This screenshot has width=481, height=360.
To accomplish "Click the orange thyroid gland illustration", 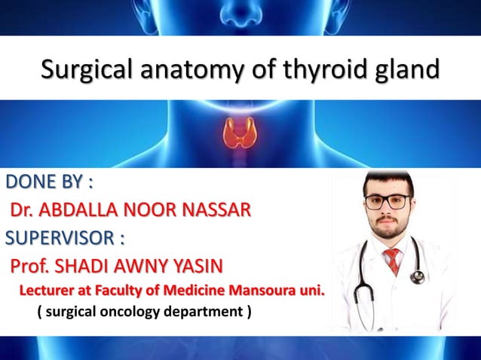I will [x=240, y=134].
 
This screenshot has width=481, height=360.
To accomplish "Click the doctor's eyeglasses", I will [x=388, y=202].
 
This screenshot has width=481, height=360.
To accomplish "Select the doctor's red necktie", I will [x=393, y=260].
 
